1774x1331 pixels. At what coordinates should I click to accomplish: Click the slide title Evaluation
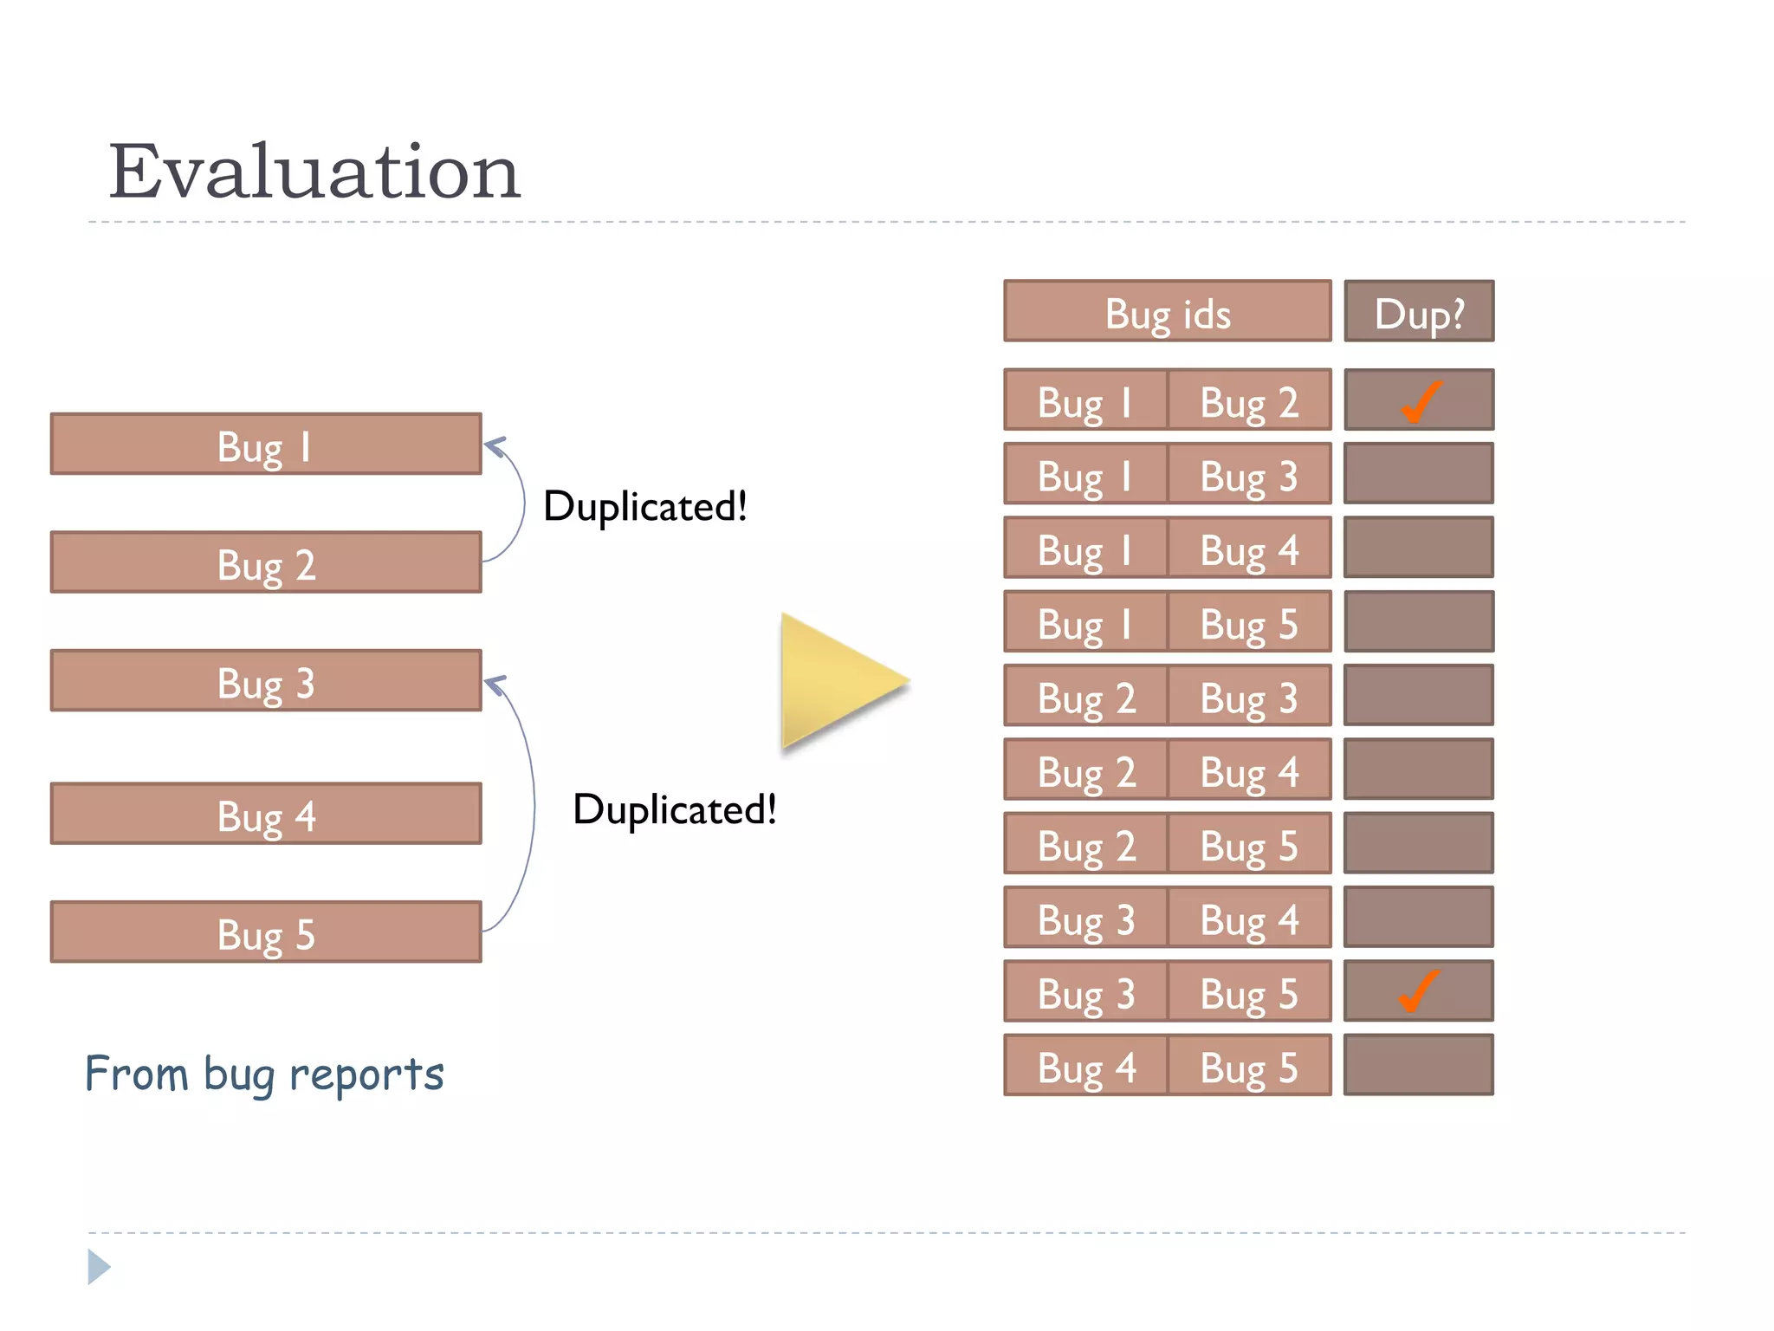314,172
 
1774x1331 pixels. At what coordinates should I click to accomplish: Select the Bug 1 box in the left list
266,445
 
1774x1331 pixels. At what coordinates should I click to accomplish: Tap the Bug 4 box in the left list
266,815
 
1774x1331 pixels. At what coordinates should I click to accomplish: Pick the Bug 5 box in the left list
266,933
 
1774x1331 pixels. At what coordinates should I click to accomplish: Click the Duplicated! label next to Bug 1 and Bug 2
644,506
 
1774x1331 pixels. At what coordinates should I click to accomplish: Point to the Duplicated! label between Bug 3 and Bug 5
674,809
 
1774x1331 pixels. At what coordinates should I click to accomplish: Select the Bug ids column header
1167,312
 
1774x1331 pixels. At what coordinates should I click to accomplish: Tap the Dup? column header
1418,312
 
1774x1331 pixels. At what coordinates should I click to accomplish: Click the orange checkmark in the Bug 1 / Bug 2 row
1420,402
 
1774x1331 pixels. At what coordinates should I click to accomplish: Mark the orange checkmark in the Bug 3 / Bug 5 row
1418,991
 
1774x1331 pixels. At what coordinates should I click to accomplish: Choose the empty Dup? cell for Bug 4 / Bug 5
1418,1065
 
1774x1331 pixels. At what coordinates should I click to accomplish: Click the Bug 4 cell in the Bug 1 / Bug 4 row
1248,549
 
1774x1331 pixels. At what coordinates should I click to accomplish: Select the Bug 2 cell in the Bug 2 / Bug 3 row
1085,697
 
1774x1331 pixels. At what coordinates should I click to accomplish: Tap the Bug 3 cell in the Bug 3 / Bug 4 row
1085,919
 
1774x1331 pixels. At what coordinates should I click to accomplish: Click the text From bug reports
264,1075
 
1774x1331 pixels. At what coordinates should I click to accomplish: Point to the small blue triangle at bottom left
98,1267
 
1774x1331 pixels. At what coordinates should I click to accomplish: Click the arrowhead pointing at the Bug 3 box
495,685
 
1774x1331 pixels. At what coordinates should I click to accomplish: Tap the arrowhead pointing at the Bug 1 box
495,446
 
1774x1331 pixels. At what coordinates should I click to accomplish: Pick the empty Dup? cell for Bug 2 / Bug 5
1418,844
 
